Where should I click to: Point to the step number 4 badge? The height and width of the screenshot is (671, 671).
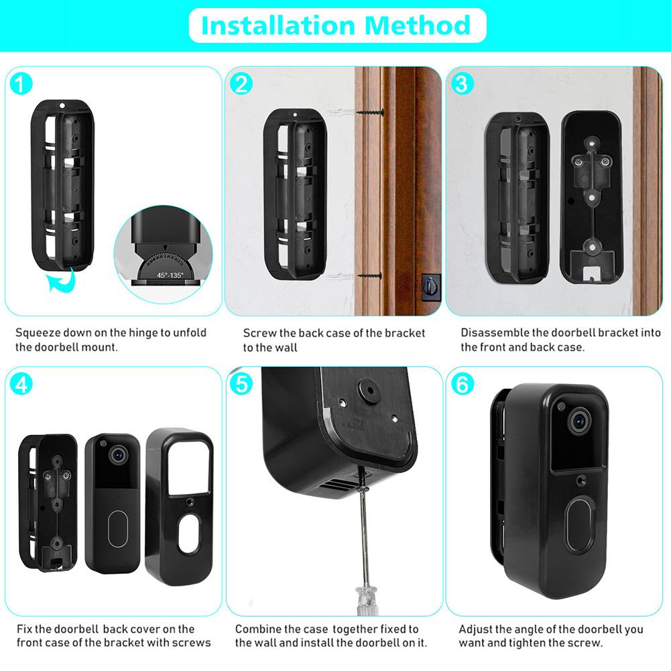pyautogui.click(x=21, y=384)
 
